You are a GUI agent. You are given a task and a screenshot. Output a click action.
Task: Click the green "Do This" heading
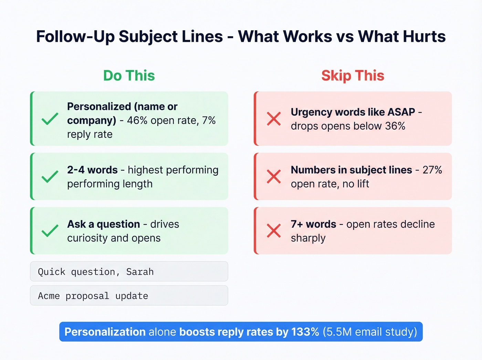click(x=129, y=76)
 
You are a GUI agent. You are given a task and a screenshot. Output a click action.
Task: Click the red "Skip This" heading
click(x=353, y=76)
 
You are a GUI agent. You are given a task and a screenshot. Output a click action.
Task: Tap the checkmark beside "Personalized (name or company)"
click(x=50, y=119)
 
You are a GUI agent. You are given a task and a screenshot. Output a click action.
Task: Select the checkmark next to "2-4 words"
click(x=50, y=177)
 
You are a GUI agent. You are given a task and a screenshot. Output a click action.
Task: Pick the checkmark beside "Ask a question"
click(x=50, y=231)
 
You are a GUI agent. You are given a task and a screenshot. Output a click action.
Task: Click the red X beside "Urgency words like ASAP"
click(x=274, y=119)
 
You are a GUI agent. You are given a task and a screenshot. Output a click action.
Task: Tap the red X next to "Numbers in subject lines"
click(x=274, y=177)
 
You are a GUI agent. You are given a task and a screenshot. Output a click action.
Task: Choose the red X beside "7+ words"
click(x=274, y=231)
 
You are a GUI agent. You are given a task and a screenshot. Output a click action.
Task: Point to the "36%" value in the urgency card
click(x=395, y=126)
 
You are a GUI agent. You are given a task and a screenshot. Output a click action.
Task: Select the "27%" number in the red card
click(x=432, y=170)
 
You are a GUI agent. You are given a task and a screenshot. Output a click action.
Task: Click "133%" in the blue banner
click(x=305, y=332)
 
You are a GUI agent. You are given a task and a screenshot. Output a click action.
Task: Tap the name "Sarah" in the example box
click(x=140, y=272)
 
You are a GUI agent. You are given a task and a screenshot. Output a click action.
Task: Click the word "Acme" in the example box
click(x=49, y=296)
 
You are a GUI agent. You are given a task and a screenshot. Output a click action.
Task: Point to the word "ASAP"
click(x=401, y=112)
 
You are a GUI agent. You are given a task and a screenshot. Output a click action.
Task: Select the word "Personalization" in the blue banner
click(x=105, y=332)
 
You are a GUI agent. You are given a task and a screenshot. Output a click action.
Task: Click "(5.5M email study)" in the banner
click(x=370, y=332)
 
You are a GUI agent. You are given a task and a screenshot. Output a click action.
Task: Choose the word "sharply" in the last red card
click(x=308, y=238)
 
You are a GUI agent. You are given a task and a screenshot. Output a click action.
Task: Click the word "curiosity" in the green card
click(x=87, y=238)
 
